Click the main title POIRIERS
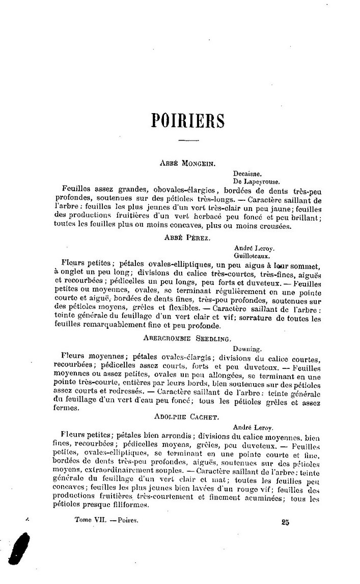tap(188, 121)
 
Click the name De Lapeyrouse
tap(256, 180)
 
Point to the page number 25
tap(285, 522)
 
